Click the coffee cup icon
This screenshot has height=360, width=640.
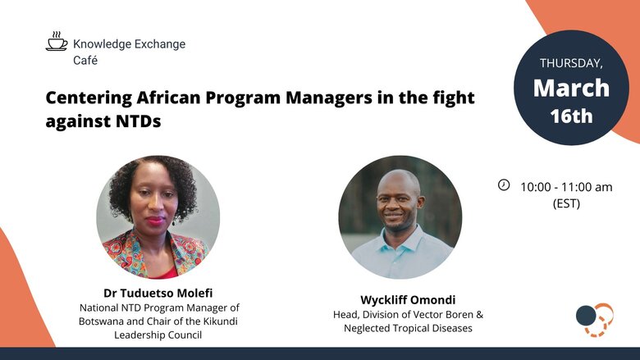pos(57,41)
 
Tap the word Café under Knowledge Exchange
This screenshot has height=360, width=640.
pos(85,61)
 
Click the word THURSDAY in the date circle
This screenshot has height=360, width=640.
pos(571,63)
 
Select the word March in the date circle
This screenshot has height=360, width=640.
pos(571,88)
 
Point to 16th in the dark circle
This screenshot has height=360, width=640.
pos(571,116)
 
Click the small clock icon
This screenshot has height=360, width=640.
pos(504,185)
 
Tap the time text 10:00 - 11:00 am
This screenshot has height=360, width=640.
pos(566,187)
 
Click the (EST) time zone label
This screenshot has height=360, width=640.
pos(566,203)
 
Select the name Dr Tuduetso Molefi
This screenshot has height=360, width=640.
pos(158,293)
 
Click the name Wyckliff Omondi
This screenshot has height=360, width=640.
pos(408,300)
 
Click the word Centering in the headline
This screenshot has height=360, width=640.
pos(89,98)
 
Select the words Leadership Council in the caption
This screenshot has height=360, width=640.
pos(158,335)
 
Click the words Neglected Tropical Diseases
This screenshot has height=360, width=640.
pos(408,328)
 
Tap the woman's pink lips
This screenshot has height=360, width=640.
pos(155,221)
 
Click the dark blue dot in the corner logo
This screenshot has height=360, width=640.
pos(586,316)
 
